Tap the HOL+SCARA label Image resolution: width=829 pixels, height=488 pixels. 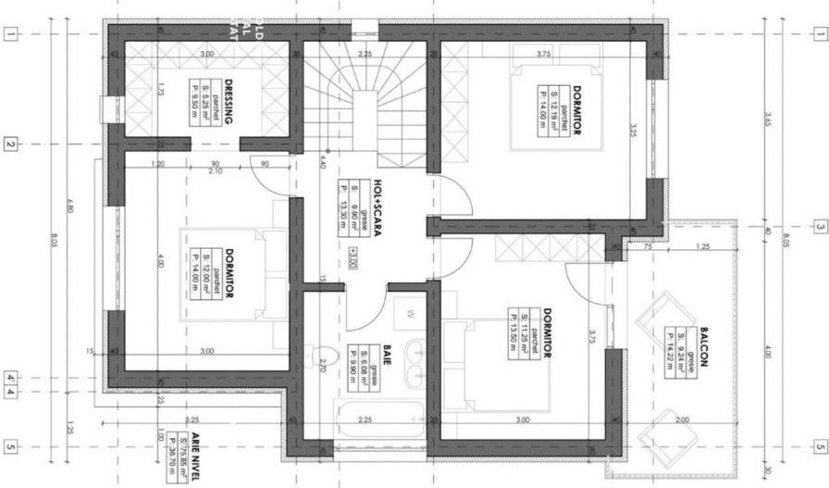tap(377, 198)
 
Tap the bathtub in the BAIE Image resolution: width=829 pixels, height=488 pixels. tap(374, 422)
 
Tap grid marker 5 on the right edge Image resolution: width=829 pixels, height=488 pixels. tap(819, 449)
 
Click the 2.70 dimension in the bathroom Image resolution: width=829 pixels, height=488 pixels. tap(323, 366)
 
